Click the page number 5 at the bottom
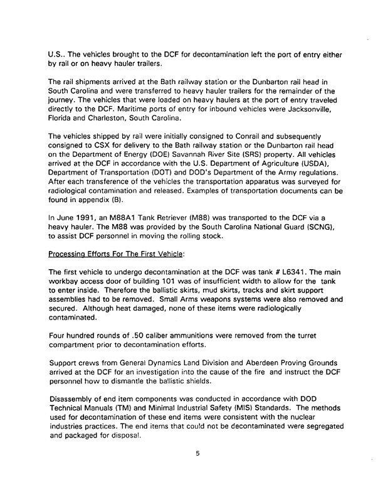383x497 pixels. click(197, 472)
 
